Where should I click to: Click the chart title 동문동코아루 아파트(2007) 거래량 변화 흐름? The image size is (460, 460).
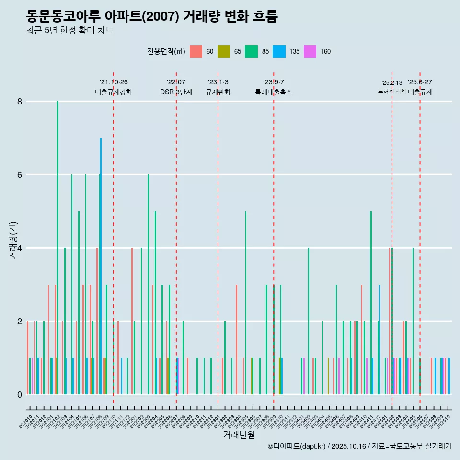[x=152, y=16]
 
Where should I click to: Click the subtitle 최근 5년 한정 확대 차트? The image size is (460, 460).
[x=69, y=31]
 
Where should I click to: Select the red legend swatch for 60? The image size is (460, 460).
[x=196, y=51]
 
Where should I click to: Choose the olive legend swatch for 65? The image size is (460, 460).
[x=224, y=51]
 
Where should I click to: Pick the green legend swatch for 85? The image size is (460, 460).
[x=251, y=51]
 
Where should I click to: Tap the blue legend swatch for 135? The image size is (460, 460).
[x=279, y=51]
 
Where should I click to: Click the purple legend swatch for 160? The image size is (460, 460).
[x=310, y=51]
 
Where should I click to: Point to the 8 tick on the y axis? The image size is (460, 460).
[x=20, y=101]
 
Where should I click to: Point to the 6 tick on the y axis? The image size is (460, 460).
[x=20, y=174]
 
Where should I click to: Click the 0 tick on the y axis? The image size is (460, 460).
[x=20, y=394]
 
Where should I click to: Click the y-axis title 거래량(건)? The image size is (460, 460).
[x=13, y=241]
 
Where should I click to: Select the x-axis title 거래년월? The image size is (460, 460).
[x=239, y=435]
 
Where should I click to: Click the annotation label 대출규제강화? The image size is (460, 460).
[x=114, y=92]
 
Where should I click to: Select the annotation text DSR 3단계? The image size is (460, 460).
[x=176, y=92]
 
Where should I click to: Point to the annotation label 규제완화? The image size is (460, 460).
[x=218, y=92]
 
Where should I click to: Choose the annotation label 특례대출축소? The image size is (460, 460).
[x=274, y=92]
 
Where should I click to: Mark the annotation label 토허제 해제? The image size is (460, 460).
[x=391, y=91]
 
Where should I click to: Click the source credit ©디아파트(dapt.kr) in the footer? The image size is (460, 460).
[x=297, y=446]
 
